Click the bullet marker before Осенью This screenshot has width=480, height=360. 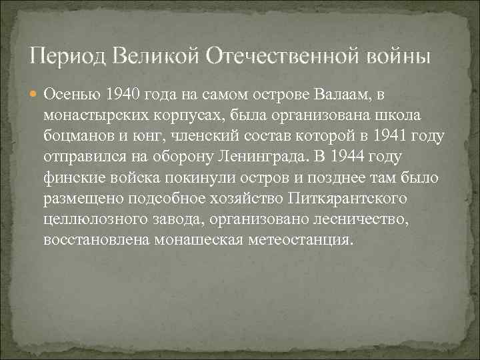pos(35,93)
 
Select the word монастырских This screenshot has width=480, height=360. pos(89,115)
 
